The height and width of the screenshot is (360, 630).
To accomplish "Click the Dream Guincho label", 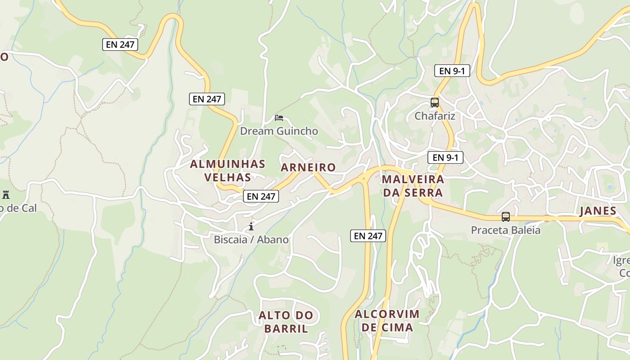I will pos(279,131).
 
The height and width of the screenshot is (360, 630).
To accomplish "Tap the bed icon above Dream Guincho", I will pos(279,118).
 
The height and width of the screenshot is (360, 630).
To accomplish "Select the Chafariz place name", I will pos(435,116).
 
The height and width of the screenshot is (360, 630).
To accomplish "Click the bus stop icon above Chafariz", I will pos(434,102).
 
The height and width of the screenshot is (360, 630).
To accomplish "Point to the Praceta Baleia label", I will pos(505,230).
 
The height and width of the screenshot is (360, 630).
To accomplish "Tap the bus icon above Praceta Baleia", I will pos(506,217).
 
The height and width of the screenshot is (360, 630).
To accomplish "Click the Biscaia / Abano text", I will pos(251,239).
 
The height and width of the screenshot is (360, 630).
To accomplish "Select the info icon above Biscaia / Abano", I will pos(251,226).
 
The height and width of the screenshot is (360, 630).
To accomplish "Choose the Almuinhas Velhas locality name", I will pos(228,170).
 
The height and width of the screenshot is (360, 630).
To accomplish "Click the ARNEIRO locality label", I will pos(308,167).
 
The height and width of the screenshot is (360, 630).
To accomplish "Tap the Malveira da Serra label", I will pos(413,186).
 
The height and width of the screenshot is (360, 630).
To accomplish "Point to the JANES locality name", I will pos(598,211).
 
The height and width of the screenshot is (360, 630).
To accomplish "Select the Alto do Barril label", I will pos(286,322).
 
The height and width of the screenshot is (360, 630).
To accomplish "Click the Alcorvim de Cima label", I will pos(387,320).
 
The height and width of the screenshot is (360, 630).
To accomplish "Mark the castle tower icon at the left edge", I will pos(6,195).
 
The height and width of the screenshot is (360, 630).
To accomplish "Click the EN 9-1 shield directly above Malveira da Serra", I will pos(445,157).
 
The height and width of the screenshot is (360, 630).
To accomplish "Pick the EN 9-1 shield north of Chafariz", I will pos(452,71).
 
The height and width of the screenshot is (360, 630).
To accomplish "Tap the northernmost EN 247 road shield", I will pos(120,45).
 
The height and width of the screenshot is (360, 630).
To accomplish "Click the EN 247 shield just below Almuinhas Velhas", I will pos(261,196).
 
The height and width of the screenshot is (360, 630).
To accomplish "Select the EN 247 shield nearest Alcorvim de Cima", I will pos(368,235).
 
